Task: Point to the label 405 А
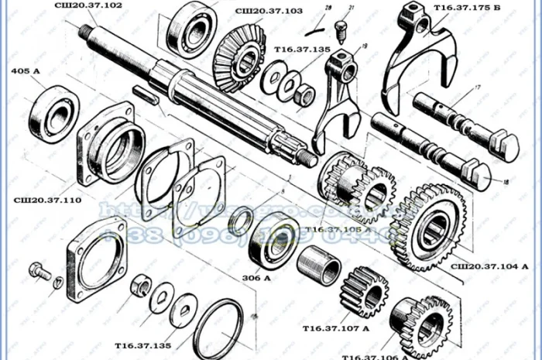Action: [26, 72]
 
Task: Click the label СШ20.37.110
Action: [47, 200]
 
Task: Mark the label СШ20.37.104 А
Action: [489, 266]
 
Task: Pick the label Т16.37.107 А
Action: [336, 328]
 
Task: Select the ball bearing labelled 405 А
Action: [54, 114]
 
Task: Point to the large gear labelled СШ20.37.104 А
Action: [428, 225]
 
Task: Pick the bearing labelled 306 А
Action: [273, 242]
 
